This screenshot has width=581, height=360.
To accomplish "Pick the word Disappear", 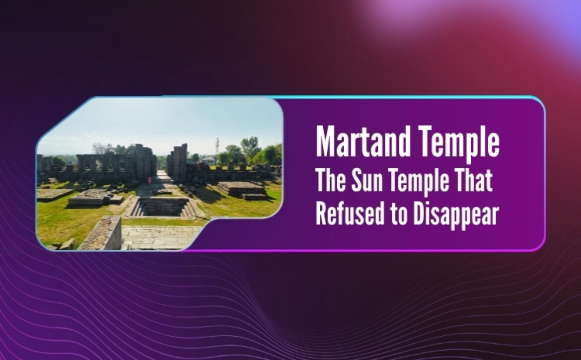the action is (x=456, y=216).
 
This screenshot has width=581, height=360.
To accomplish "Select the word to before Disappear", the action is (x=399, y=215).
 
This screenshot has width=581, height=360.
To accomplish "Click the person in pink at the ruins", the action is (x=149, y=180).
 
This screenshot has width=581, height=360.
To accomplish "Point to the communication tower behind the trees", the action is (x=217, y=146).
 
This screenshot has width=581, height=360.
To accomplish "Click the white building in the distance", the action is (x=209, y=160).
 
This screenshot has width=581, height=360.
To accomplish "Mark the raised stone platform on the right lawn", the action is (x=243, y=189).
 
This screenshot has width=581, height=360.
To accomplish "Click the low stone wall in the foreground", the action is (x=102, y=233).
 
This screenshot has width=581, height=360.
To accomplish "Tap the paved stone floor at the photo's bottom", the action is (x=159, y=237).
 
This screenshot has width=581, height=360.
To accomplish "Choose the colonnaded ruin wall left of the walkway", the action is (x=117, y=163).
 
